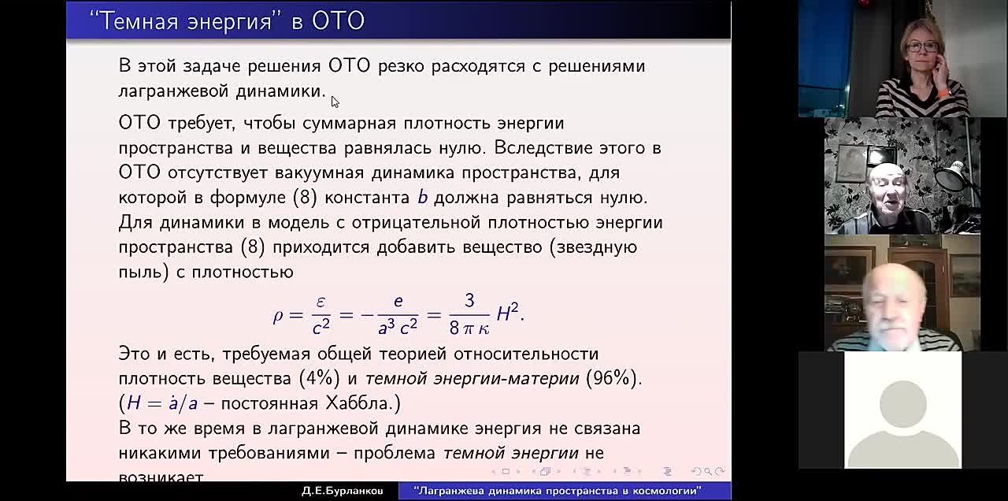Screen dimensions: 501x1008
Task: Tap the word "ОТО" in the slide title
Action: (338, 20)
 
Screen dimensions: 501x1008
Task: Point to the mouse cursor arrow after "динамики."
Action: (335, 102)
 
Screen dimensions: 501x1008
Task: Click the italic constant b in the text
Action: (423, 197)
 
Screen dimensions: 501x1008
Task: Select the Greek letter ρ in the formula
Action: (278, 315)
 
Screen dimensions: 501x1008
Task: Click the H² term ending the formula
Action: (508, 314)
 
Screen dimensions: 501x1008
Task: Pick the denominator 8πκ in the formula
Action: (469, 327)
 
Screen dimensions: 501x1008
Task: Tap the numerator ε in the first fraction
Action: (321, 302)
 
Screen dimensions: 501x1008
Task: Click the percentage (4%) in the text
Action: (319, 378)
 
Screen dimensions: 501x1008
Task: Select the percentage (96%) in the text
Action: (611, 378)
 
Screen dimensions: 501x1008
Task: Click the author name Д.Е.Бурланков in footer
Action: (342, 491)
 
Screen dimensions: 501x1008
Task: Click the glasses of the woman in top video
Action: (921, 46)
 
